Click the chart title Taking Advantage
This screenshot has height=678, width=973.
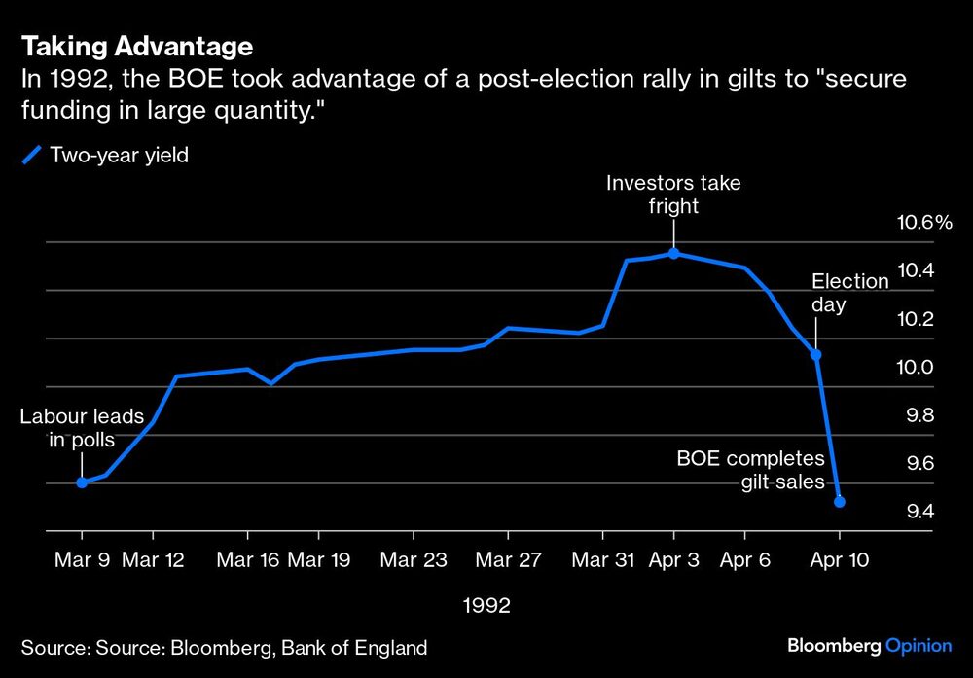(137, 46)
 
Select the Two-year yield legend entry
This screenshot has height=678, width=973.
(106, 155)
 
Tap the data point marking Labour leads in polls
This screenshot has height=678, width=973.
(82, 482)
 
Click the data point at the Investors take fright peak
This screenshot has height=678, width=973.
(673, 254)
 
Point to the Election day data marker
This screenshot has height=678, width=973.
(816, 355)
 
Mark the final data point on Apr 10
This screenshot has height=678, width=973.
(840, 502)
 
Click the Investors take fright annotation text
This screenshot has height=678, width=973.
(673, 194)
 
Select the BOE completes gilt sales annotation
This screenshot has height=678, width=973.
(750, 470)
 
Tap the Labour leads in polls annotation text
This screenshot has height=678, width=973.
(82, 428)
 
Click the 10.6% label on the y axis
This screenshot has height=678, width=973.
(923, 223)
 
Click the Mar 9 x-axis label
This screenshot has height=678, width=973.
(82, 560)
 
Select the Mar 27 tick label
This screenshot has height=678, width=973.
(508, 560)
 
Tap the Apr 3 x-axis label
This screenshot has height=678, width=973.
(673, 560)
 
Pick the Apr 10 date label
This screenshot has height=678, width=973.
(840, 560)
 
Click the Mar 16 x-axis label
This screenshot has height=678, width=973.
(247, 560)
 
